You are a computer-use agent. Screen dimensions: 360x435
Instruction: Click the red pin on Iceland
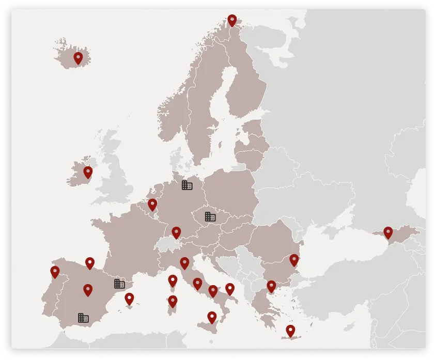click(78, 58)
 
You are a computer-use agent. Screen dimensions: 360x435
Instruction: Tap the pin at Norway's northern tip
click(232, 20)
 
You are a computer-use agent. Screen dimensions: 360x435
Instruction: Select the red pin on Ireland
click(88, 172)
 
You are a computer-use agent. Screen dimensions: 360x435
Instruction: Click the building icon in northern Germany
click(187, 184)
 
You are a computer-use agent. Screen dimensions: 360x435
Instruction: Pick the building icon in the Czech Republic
click(210, 216)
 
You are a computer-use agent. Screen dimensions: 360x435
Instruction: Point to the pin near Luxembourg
click(152, 205)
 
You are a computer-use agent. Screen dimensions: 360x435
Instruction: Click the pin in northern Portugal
click(55, 272)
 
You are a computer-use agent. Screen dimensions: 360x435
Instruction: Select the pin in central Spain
click(88, 290)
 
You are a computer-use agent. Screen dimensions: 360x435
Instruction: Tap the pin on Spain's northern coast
click(90, 263)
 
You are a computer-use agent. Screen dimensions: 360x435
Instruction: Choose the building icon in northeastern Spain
click(119, 283)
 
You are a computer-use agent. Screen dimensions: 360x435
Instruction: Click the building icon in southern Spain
click(83, 317)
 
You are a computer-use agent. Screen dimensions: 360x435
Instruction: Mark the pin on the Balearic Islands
click(129, 299)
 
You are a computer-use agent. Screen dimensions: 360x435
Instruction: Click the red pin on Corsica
click(173, 280)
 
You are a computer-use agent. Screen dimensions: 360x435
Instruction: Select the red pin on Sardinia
click(173, 301)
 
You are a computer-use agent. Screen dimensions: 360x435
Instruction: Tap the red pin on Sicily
click(212, 317)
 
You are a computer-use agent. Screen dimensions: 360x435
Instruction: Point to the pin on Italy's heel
click(230, 289)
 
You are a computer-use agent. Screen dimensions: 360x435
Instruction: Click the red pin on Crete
click(290, 330)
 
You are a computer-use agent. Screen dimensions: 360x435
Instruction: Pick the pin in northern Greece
click(271, 286)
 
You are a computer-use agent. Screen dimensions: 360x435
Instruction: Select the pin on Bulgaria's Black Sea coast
click(294, 260)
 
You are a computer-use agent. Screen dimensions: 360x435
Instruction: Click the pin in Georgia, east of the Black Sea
click(388, 232)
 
